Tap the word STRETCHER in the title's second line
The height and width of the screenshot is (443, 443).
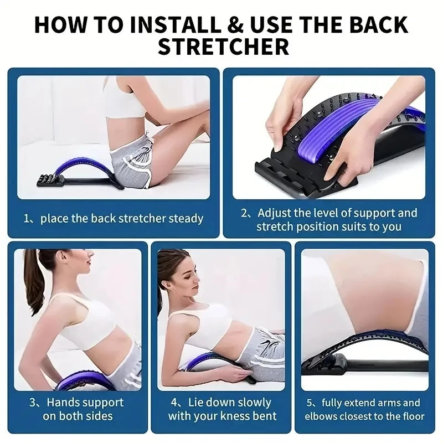pos(223,47)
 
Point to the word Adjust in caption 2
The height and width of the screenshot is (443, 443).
pos(275,213)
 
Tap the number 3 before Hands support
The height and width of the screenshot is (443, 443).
pos(33,403)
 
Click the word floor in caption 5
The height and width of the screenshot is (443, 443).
pos(411,416)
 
